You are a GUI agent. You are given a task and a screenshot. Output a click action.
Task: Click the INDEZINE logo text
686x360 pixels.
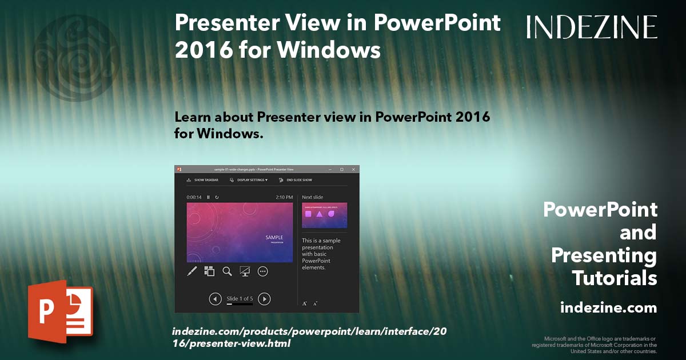(592, 27)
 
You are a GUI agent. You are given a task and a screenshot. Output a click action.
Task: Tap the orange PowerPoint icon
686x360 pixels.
(60, 312)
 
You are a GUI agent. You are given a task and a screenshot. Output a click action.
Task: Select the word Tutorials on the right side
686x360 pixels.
(614, 278)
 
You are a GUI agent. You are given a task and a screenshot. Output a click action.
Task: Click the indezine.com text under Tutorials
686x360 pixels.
(608, 308)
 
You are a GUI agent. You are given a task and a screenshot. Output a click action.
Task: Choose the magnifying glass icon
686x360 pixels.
(227, 271)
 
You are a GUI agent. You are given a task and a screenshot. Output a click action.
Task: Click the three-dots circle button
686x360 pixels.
(263, 271)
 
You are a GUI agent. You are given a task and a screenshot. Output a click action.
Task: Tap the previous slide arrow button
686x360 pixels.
(215, 298)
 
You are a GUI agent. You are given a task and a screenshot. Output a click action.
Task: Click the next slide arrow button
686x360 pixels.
(264, 298)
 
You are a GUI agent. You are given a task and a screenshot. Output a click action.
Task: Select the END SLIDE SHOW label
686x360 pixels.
(299, 180)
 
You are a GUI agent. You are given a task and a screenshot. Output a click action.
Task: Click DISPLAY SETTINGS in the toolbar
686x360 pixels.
(252, 180)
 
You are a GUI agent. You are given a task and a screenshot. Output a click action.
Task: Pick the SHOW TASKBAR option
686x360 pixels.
(206, 180)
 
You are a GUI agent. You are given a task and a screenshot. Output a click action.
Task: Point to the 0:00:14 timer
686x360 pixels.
(194, 197)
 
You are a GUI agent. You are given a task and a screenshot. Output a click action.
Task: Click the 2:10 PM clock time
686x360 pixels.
(284, 197)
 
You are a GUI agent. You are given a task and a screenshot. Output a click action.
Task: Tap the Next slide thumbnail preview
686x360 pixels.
(324, 215)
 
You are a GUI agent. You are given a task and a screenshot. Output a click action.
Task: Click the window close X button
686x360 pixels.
(353, 170)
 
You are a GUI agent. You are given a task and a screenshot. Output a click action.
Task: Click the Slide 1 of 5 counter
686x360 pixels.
(240, 298)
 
